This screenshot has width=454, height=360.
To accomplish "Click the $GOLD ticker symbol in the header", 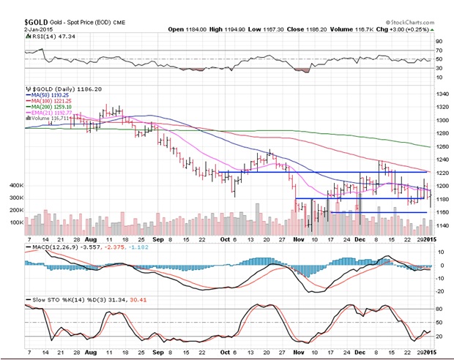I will tap(36, 14).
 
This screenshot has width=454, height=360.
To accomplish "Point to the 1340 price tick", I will tap(442, 94).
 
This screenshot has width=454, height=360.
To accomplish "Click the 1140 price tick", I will tap(442, 225).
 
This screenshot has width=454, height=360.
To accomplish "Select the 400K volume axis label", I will tap(13, 186).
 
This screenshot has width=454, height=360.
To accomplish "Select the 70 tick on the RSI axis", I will tap(439, 50).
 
